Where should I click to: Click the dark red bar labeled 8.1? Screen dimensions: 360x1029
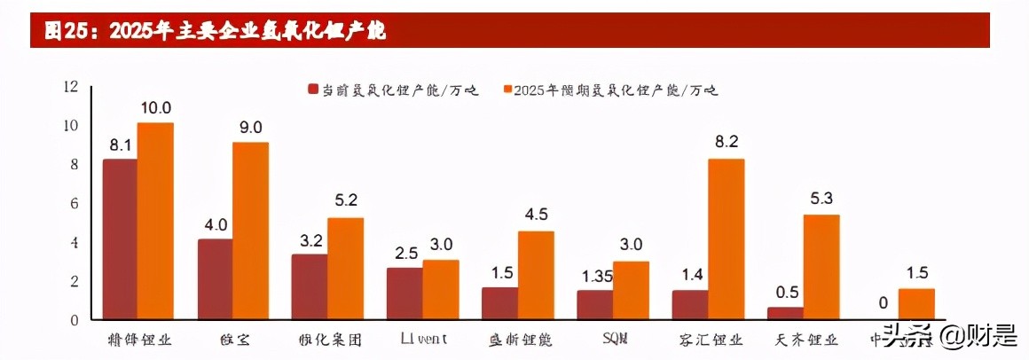(x=120, y=239)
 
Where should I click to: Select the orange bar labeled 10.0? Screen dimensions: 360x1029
(x=155, y=221)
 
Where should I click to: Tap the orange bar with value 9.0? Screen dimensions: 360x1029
(x=250, y=231)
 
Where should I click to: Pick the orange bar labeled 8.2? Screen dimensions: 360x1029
(x=726, y=239)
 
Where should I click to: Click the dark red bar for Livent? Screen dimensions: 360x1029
(x=405, y=293)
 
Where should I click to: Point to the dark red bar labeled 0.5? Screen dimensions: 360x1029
(x=785, y=313)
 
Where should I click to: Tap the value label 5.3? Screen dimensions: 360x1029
(x=821, y=199)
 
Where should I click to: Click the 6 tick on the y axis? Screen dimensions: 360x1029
(x=75, y=204)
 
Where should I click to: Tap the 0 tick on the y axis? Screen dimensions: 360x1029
(x=75, y=320)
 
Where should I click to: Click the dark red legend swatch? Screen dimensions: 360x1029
(x=312, y=90)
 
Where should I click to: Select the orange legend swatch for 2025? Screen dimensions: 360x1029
(x=508, y=90)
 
